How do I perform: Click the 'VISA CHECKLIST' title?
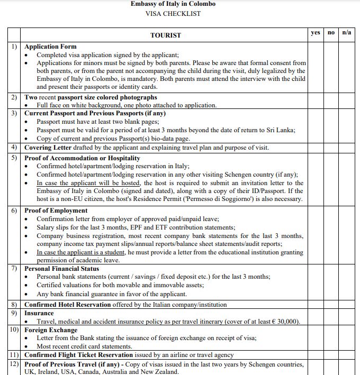pyautogui.click(x=173, y=13)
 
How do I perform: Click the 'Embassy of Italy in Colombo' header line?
pyautogui.click(x=173, y=4)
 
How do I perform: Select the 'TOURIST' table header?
pyautogui.click(x=165, y=35)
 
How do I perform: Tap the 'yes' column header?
pyautogui.click(x=316, y=32)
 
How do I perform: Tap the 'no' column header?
pyautogui.click(x=331, y=32)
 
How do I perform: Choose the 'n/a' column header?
pyautogui.click(x=347, y=32)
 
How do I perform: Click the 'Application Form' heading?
pyautogui.click(x=50, y=47)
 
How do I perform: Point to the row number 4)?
pyautogui.click(x=14, y=148)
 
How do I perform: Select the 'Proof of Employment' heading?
pyautogui.click(x=56, y=211)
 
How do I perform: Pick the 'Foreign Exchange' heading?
pyautogui.click(x=51, y=330)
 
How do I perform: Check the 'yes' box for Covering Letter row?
pyautogui.click(x=316, y=148)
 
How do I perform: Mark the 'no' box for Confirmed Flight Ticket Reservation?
pyautogui.click(x=331, y=355)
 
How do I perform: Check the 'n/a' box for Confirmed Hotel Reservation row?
pyautogui.click(x=347, y=305)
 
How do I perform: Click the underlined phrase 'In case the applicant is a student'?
pyautogui.click(x=81, y=252)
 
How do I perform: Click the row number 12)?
pyautogui.click(x=14, y=364)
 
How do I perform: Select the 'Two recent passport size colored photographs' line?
pyautogui.click(x=91, y=97)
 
